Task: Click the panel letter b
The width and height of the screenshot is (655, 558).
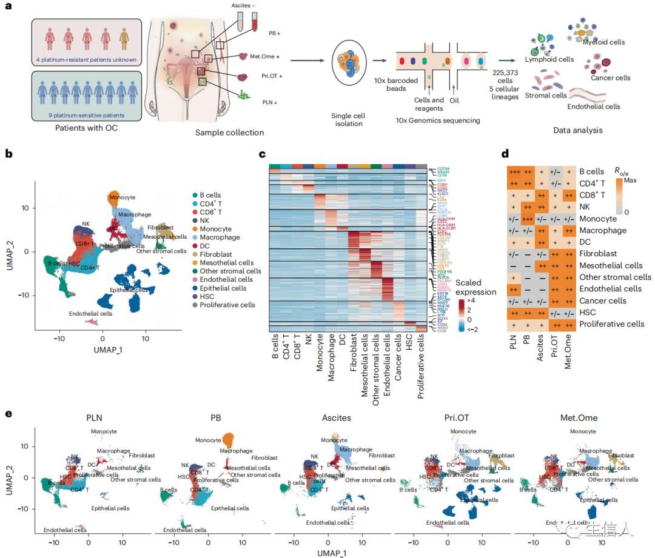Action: [x=8, y=154]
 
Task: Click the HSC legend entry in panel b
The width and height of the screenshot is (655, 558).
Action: [x=207, y=296]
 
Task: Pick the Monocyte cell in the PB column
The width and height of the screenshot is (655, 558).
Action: [x=529, y=219]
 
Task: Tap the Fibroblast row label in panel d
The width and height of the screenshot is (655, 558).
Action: [x=599, y=254]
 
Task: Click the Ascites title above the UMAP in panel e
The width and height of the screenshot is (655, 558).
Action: [x=332, y=418]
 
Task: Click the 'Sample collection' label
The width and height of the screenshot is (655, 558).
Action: [x=230, y=131]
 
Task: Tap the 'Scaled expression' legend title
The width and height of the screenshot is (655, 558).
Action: [x=477, y=287]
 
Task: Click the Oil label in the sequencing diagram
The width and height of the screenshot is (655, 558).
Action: [x=455, y=100]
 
